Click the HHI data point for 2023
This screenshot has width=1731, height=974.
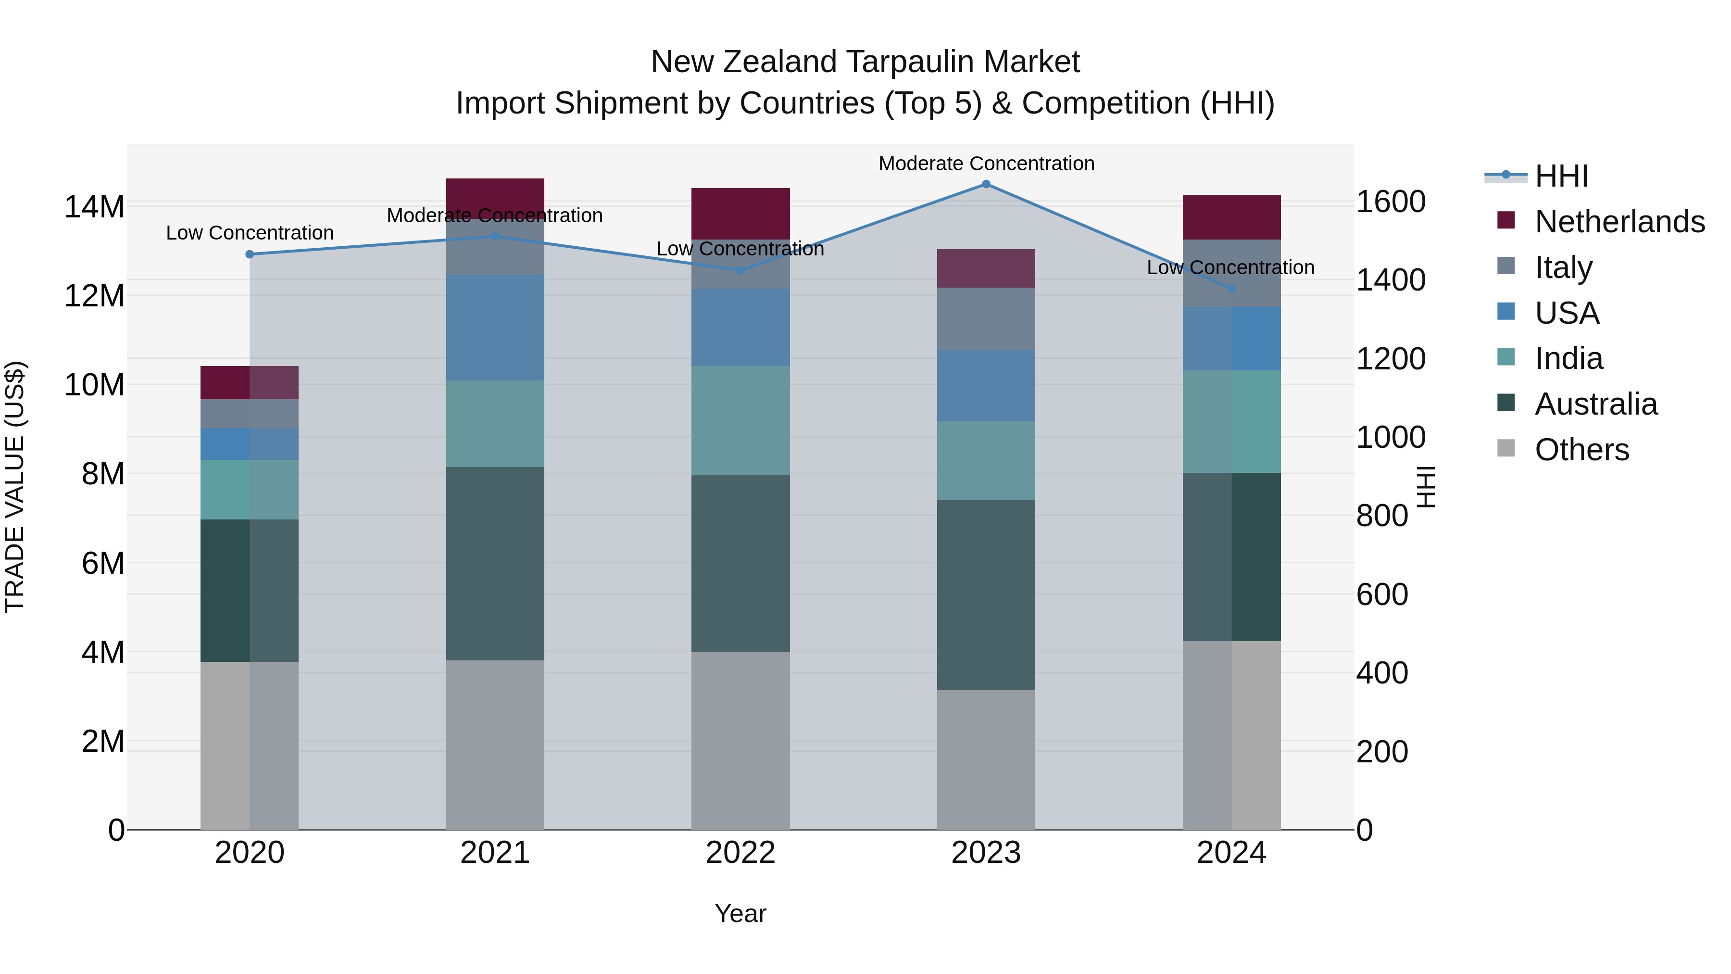[986, 184]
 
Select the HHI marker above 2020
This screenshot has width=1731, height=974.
[250, 254]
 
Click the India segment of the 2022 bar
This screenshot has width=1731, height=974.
[740, 420]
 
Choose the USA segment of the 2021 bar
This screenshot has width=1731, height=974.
[495, 328]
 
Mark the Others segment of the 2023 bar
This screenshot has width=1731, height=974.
[986, 759]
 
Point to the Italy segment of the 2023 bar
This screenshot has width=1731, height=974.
[986, 318]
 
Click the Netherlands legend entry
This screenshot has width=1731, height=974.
[1619, 222]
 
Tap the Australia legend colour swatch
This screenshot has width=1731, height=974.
[1506, 404]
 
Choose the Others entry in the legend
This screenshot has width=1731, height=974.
[1582, 450]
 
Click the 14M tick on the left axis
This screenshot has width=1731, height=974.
[94, 206]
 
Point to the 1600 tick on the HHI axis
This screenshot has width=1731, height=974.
[1390, 202]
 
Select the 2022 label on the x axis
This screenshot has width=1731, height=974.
[740, 853]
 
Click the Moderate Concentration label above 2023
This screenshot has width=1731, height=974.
[986, 164]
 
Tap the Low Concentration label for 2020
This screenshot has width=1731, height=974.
[250, 233]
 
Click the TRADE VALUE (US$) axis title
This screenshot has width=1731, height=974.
[15, 487]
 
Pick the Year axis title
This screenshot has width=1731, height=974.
[740, 913]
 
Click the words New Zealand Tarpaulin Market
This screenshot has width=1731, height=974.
[865, 62]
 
